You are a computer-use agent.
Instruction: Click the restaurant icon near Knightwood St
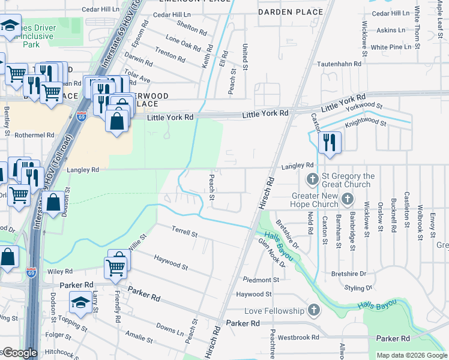point(329,143)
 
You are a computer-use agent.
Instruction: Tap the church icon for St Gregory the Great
point(312,179)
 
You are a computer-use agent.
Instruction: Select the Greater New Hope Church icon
point(347,199)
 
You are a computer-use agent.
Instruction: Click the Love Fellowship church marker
point(313,310)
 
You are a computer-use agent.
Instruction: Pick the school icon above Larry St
point(80,302)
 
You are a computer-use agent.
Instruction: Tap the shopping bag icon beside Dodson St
point(53,203)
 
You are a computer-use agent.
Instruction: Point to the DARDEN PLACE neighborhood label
point(282,11)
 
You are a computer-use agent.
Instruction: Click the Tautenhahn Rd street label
point(339,63)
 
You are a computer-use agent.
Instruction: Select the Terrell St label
point(184,232)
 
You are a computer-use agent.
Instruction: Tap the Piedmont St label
point(261,280)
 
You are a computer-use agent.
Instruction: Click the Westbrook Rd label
point(298,337)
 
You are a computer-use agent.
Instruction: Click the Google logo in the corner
point(19,353)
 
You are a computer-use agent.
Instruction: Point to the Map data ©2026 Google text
point(412,355)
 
